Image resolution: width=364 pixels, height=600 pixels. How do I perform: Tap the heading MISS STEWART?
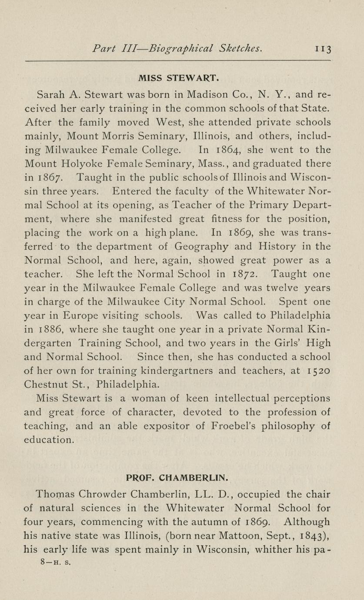178,79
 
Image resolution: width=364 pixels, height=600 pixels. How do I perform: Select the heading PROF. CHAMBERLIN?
177,477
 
